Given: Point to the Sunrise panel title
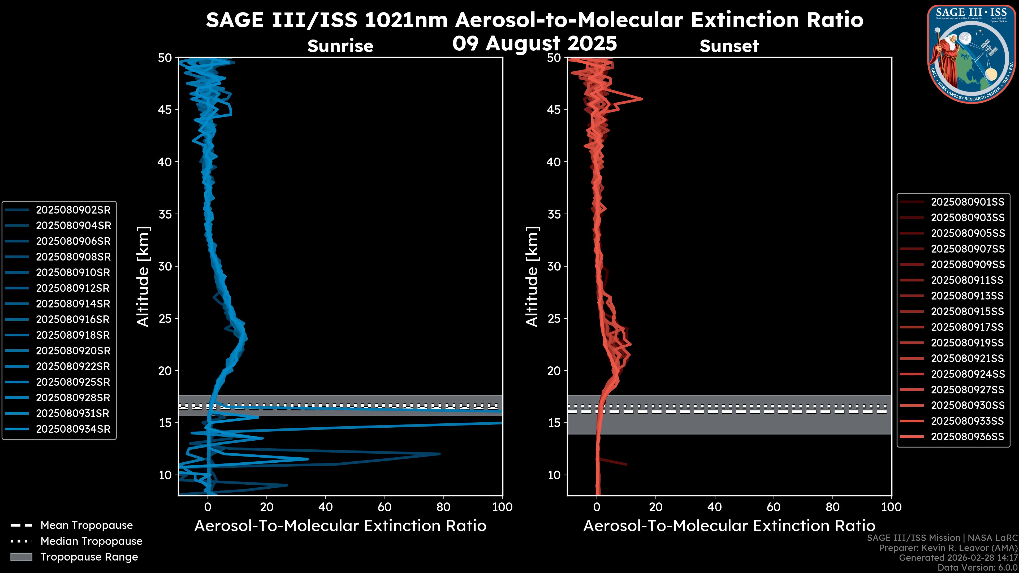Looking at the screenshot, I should [x=340, y=46].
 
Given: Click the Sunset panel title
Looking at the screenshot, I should [x=729, y=46].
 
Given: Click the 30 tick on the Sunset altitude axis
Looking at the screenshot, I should [x=554, y=266].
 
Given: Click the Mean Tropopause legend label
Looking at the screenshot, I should [x=87, y=526].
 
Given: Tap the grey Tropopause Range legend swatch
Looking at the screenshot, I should [x=21, y=557].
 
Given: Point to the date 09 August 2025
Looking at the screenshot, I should [x=534, y=44].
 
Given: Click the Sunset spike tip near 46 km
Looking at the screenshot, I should [x=641, y=99].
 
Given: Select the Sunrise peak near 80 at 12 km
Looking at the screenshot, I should [x=439, y=454].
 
